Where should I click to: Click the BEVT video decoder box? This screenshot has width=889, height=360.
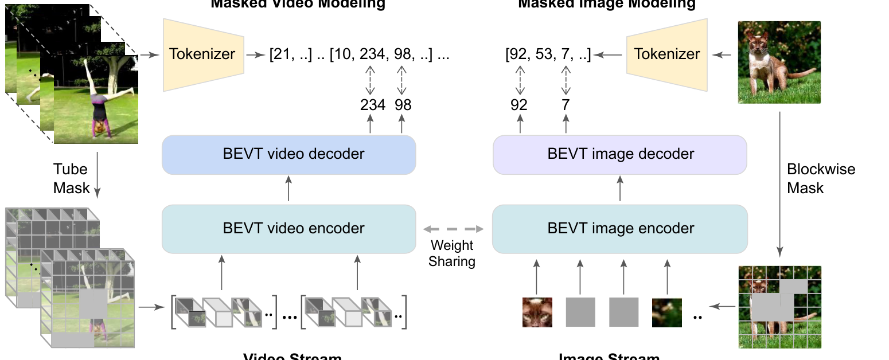point(288,154)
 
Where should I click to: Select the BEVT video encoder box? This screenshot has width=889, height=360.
point(288,228)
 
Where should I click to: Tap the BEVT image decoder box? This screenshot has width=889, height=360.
point(620,154)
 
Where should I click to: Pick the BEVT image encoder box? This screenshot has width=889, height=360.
point(620,228)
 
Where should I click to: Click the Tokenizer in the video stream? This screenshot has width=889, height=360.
point(203,54)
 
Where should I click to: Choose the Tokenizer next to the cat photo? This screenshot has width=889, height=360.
point(667,54)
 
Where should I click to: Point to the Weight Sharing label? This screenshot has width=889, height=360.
point(453,253)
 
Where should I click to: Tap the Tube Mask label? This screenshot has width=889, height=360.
point(71,178)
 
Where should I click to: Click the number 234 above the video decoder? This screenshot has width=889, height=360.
point(373,105)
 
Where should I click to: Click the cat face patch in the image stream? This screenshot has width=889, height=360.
point(537,312)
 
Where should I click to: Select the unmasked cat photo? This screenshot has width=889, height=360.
point(779,62)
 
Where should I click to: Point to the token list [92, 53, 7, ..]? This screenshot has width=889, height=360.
point(548,55)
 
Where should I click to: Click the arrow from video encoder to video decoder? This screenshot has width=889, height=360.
point(288,189)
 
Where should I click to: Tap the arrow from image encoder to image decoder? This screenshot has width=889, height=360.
point(620,189)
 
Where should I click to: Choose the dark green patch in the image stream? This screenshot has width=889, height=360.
point(666,312)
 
